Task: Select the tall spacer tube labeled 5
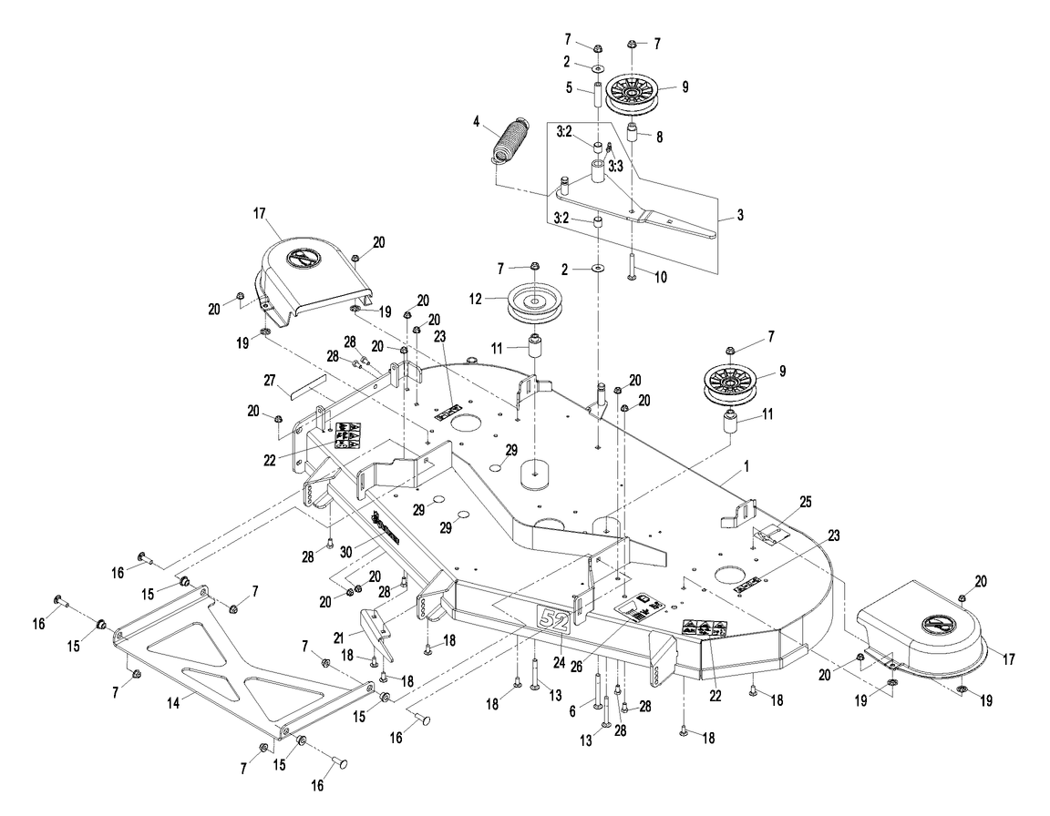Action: pyautogui.click(x=595, y=95)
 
